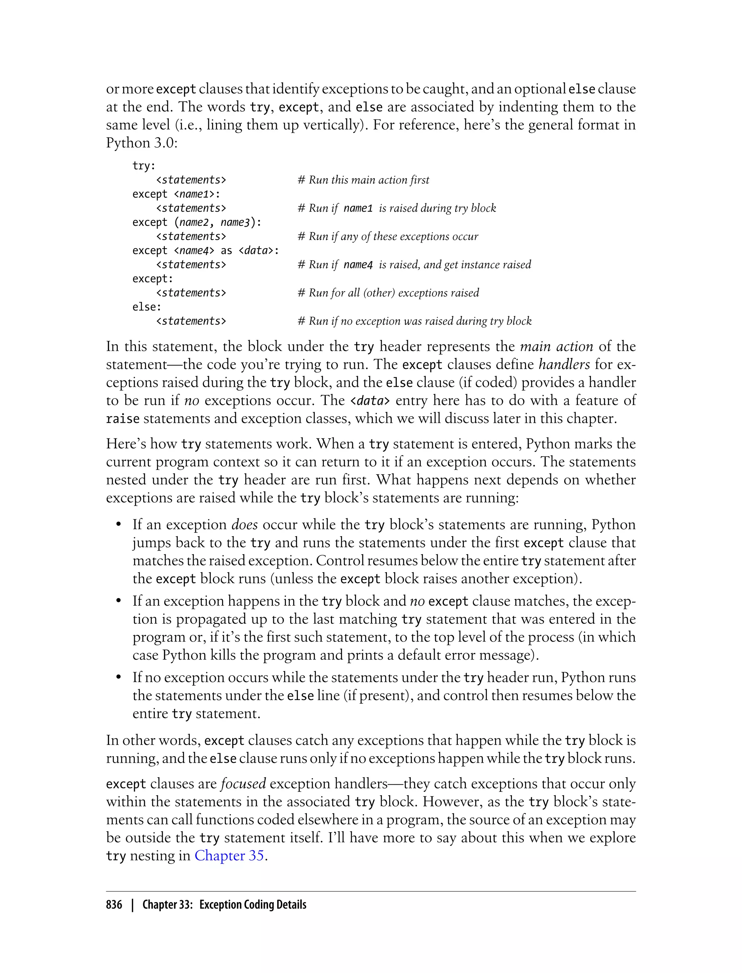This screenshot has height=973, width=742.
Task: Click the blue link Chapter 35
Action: pos(229,856)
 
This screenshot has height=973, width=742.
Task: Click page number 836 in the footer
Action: pos(114,905)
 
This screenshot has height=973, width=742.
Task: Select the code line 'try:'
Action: pos(144,166)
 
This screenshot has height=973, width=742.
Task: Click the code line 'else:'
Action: pos(147,307)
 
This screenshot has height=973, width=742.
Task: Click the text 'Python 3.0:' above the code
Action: pos(141,143)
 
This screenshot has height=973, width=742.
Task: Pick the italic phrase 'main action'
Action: pos(556,346)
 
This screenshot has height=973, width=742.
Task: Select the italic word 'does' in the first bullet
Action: pos(244,525)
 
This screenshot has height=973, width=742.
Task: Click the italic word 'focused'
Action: pos(243,784)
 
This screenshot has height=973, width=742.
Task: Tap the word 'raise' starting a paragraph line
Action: pos(123,419)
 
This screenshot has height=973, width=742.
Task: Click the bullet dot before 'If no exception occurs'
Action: pos(118,678)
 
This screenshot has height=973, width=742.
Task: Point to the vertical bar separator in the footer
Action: pos(132,905)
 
